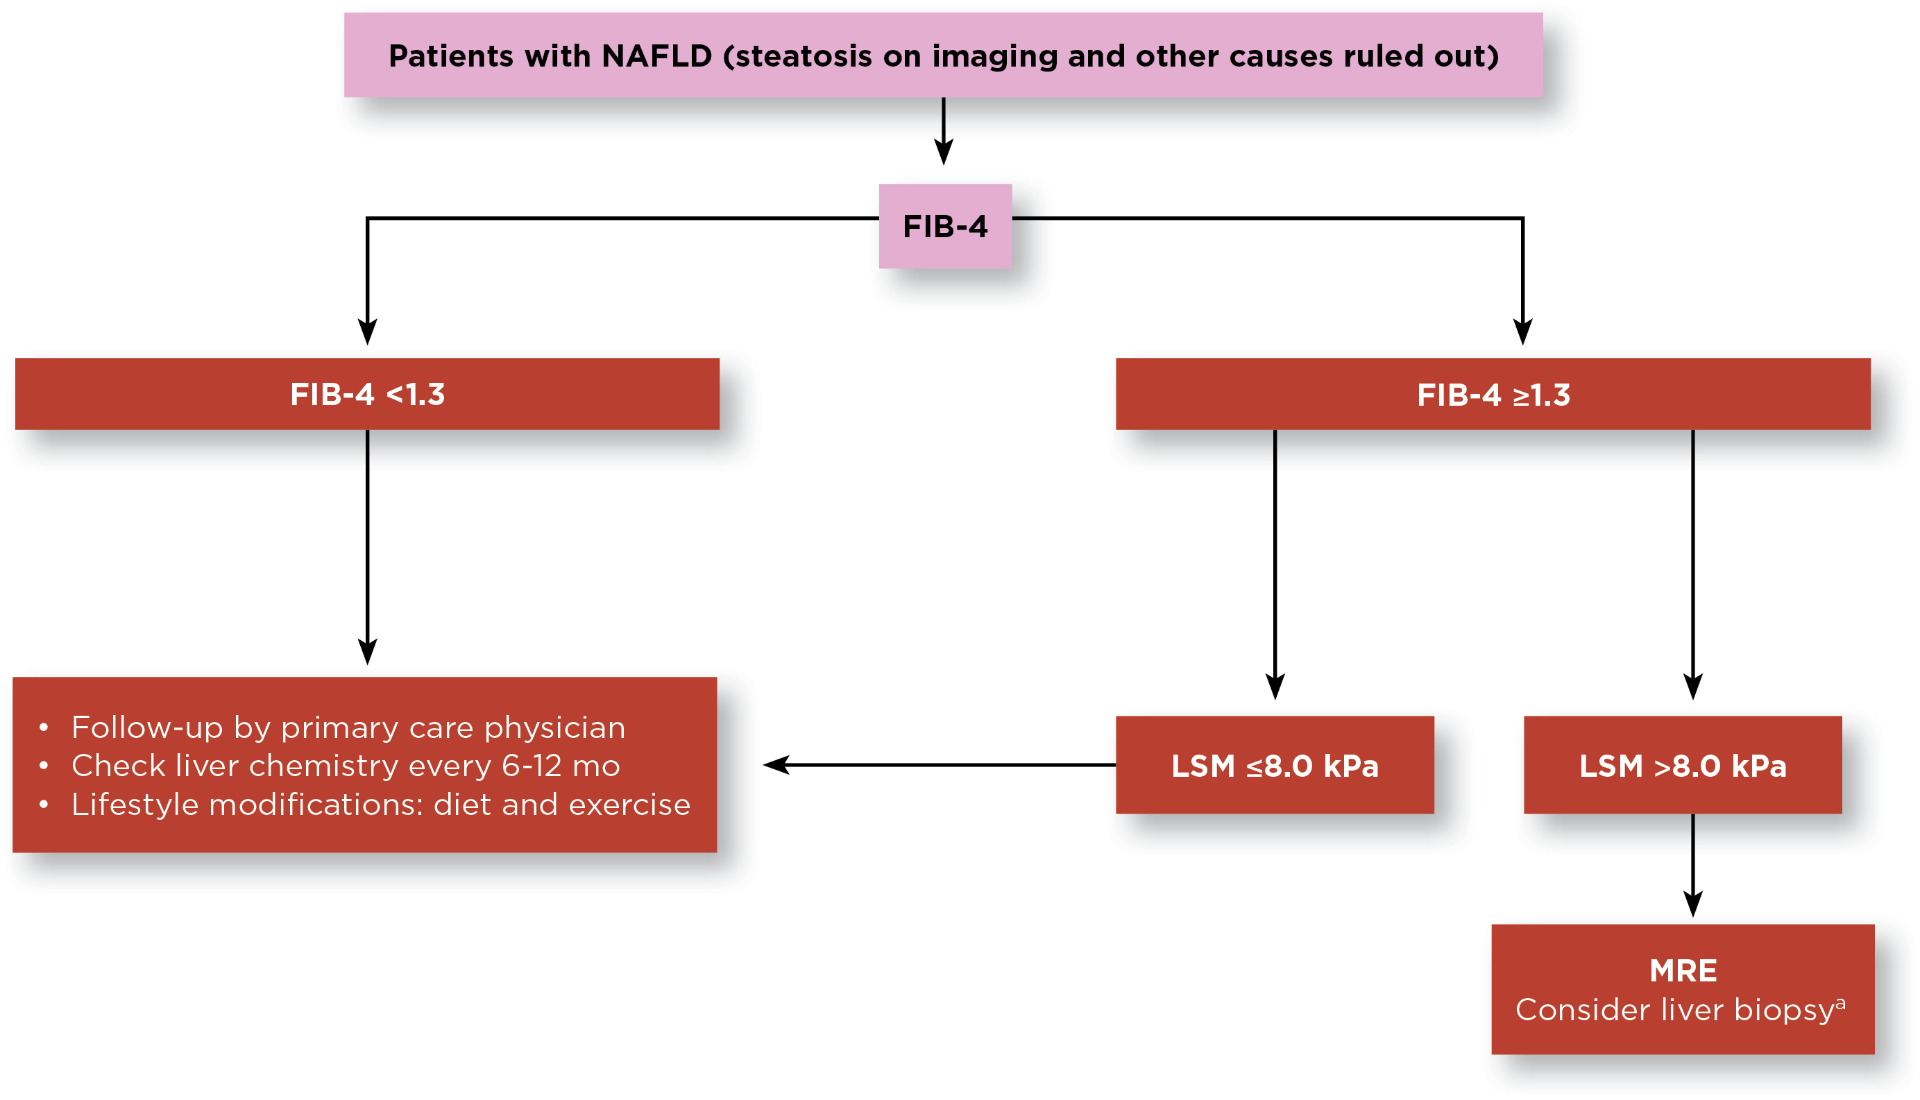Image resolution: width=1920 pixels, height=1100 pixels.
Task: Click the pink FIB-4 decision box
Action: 944,226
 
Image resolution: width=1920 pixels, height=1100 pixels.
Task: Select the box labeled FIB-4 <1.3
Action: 367,394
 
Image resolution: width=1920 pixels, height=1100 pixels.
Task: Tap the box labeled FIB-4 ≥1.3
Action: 1493,394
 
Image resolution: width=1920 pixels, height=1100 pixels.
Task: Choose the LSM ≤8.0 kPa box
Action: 1274,764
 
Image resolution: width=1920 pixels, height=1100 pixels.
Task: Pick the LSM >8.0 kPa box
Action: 1682,764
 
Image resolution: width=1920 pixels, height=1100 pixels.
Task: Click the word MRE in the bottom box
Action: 1683,971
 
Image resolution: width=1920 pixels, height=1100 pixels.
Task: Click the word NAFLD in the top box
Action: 656,56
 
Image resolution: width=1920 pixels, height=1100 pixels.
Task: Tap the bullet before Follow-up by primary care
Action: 44,728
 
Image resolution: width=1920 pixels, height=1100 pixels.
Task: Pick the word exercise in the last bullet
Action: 629,805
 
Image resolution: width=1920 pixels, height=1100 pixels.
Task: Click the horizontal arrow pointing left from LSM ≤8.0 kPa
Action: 937,764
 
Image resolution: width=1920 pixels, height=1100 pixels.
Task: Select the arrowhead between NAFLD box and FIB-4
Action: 943,151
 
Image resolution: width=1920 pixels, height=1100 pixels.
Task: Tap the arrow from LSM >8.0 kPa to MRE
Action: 1692,865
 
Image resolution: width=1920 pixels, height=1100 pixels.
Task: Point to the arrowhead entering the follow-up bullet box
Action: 367,651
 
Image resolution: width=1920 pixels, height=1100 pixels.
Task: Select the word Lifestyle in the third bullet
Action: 136,805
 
